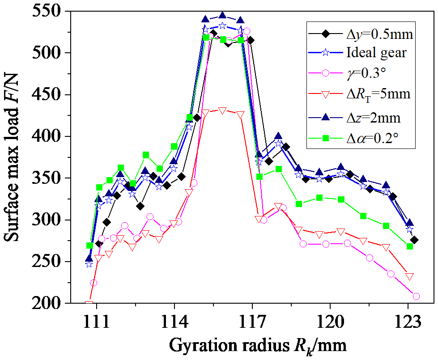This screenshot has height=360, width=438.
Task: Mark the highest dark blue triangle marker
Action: (x=222, y=16)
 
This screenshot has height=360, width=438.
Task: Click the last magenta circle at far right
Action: (x=416, y=296)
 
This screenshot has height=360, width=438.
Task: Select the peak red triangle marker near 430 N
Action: (x=222, y=110)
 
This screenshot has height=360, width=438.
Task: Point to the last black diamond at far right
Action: (x=414, y=240)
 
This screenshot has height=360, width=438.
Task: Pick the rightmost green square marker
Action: (x=410, y=246)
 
